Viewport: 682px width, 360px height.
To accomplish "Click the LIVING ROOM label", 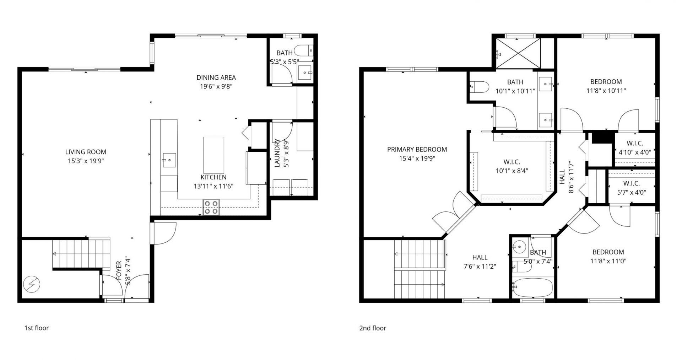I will pyautogui.click(x=86, y=152).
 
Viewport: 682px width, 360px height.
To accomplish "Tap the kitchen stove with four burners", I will pyautogui.click(x=211, y=207).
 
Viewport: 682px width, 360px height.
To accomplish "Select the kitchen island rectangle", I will pyautogui.click(x=213, y=155).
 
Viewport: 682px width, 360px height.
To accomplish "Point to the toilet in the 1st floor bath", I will pyautogui.click(x=304, y=51).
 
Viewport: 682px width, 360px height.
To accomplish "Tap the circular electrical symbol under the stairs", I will pyautogui.click(x=32, y=284).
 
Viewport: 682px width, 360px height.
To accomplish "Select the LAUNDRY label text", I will pyautogui.click(x=277, y=153).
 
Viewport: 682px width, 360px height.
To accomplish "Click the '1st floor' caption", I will pyautogui.click(x=36, y=328).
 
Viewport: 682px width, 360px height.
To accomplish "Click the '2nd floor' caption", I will pyautogui.click(x=372, y=328).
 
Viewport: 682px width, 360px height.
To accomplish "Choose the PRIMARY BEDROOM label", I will pyautogui.click(x=417, y=149).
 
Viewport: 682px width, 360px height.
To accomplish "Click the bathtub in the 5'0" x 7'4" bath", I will pyautogui.click(x=532, y=287).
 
